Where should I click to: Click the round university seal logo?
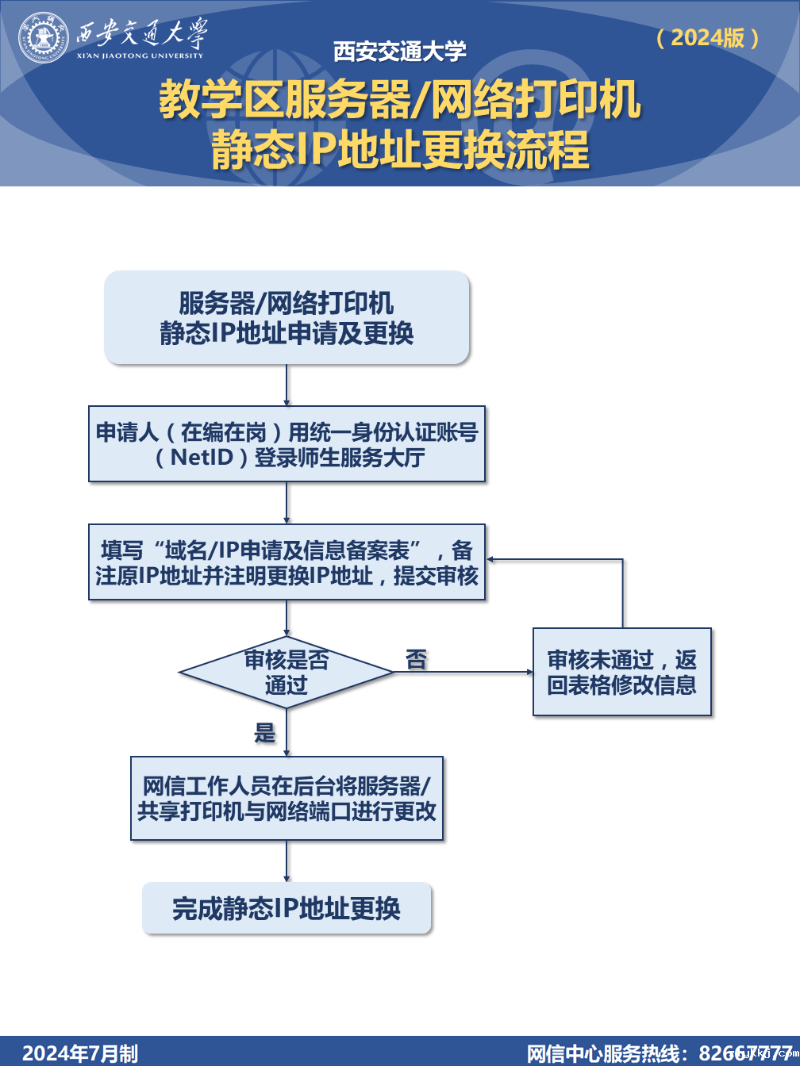point(44,37)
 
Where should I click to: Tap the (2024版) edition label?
point(708,37)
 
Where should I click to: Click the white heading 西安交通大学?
point(399,52)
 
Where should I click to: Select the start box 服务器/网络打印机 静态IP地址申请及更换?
point(287,317)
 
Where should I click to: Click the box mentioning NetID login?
point(287,444)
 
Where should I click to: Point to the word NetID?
point(202,458)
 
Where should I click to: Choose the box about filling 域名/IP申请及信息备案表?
point(287,562)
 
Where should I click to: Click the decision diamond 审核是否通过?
point(287,673)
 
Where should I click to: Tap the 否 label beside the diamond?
point(416,659)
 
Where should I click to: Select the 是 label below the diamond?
point(264,732)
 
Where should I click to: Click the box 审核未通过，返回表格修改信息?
point(621,672)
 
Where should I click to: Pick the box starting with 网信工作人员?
point(287,798)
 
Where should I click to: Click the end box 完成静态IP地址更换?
point(287,908)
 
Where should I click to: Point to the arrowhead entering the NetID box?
point(287,402)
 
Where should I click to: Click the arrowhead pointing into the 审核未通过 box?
point(529,673)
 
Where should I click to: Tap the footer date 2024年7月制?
point(79,1053)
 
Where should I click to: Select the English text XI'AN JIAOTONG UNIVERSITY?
point(140,56)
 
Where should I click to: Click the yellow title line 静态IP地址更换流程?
point(400,149)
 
